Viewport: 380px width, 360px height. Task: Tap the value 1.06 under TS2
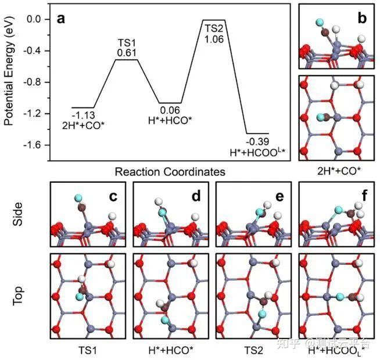213,39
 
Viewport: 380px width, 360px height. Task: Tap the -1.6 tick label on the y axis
31,145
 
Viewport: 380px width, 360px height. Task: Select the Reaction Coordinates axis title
170,172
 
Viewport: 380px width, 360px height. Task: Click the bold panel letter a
61,19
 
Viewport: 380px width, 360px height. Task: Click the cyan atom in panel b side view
320,24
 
